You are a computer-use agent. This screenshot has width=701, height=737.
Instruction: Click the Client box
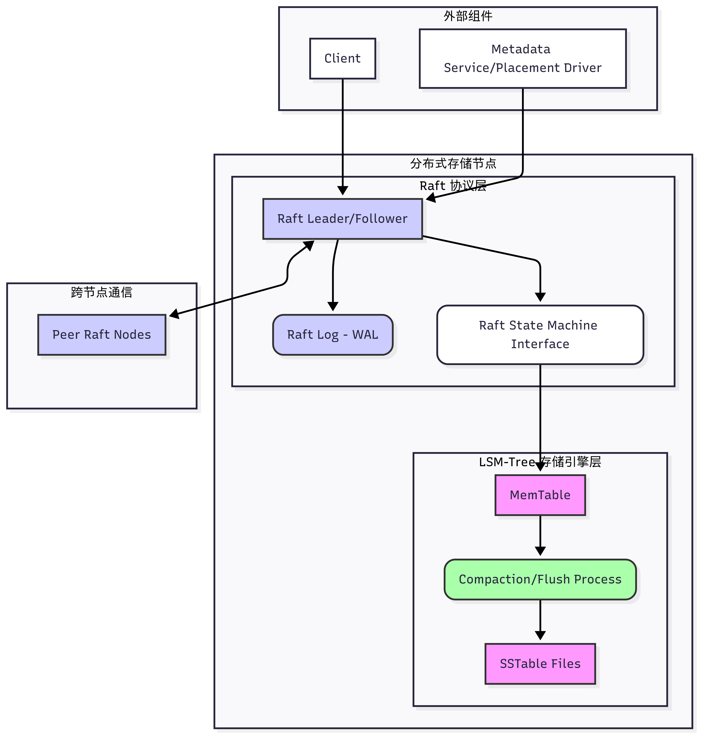coord(342,59)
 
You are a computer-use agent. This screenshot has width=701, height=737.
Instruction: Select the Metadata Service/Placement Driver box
coord(522,59)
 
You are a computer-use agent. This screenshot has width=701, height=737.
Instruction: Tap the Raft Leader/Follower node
coord(342,219)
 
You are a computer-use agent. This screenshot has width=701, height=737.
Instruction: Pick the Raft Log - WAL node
coord(333,335)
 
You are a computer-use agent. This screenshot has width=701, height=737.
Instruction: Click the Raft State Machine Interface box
coord(540,335)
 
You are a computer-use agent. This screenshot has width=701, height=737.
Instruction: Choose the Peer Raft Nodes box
coord(102,335)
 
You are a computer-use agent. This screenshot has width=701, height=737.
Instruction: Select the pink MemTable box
coord(540,495)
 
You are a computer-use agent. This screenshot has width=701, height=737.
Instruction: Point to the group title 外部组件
coord(468,16)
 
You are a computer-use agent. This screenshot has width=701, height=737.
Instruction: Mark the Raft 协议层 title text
coord(453,186)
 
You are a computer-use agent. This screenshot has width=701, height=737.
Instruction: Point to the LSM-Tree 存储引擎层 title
coord(540,462)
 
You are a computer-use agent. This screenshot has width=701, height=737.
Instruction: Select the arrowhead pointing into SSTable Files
coord(540,635)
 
